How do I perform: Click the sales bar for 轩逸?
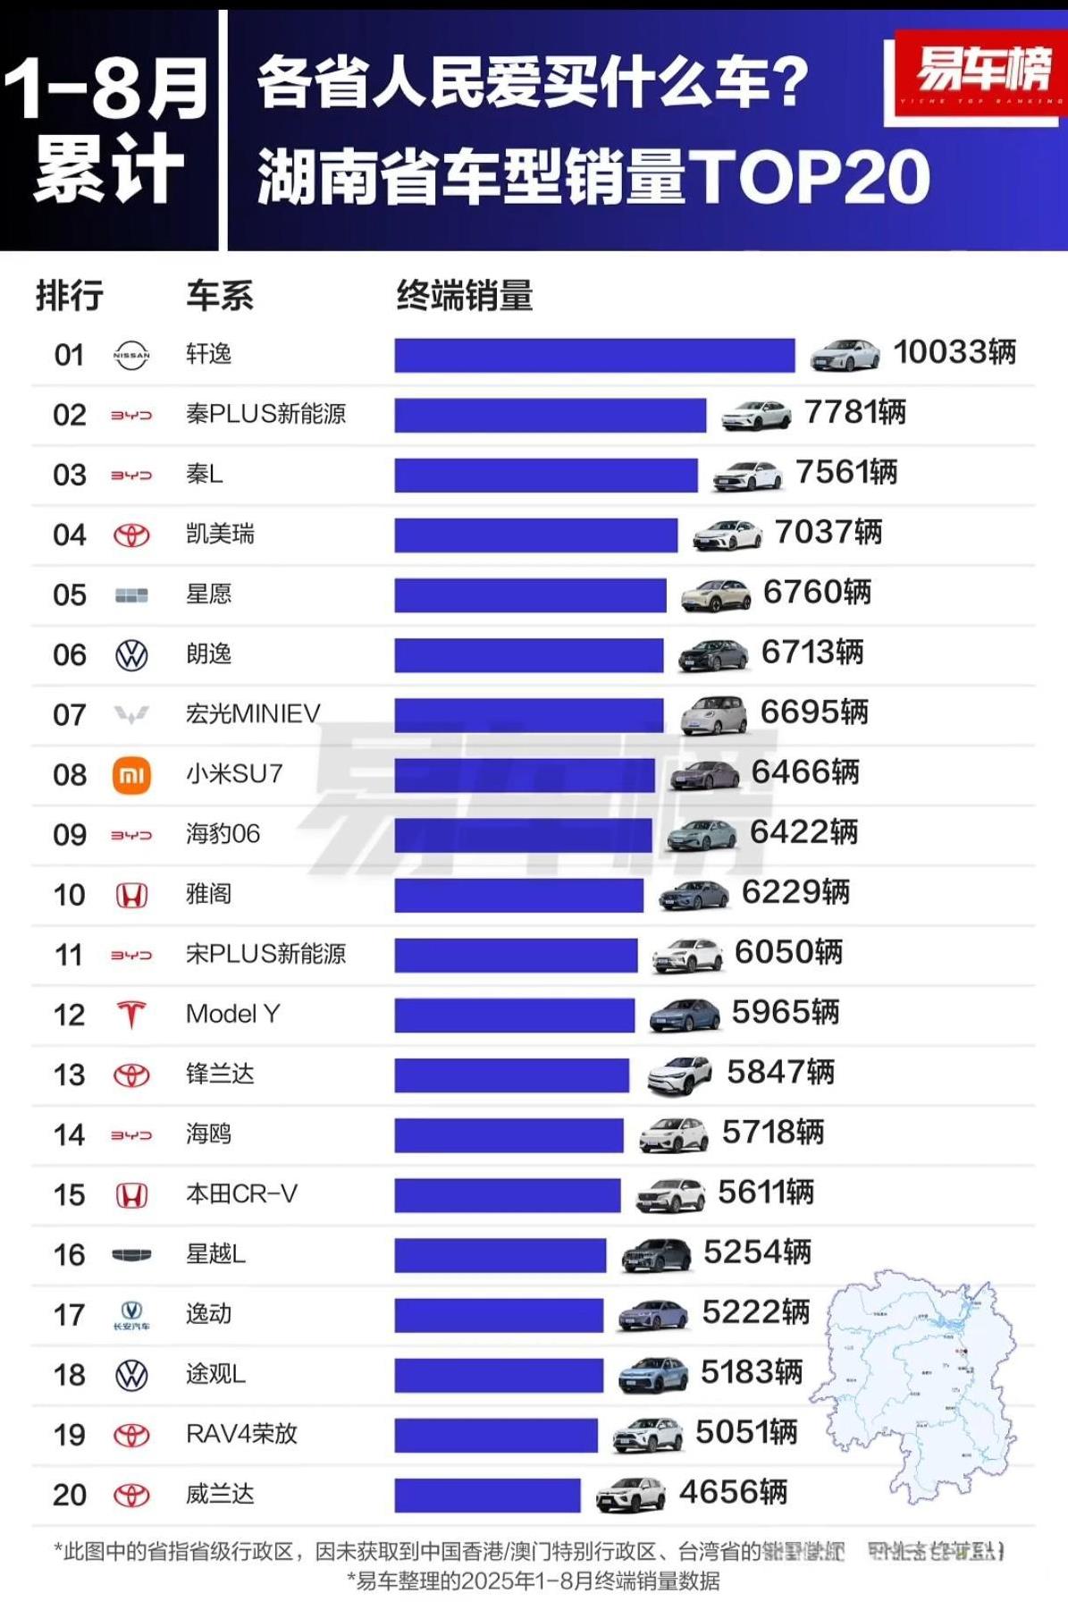coord(594,355)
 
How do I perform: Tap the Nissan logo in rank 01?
coord(131,355)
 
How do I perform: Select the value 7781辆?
coord(855,412)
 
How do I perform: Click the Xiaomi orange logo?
coord(131,775)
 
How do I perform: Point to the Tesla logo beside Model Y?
coord(131,1015)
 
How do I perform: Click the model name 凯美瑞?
coord(220,534)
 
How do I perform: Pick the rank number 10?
coord(70,895)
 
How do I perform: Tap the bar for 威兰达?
coord(487,1495)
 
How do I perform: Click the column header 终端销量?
coord(464,295)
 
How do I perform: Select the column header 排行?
coord(70,295)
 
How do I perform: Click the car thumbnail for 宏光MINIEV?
coord(713,715)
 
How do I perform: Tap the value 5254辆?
coord(757,1252)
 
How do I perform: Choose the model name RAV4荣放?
coord(241,1434)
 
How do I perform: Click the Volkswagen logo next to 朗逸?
coord(131,655)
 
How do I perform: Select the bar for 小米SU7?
coord(525,775)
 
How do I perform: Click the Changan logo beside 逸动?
coord(131,1314)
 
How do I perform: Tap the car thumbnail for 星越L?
coord(656,1255)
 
